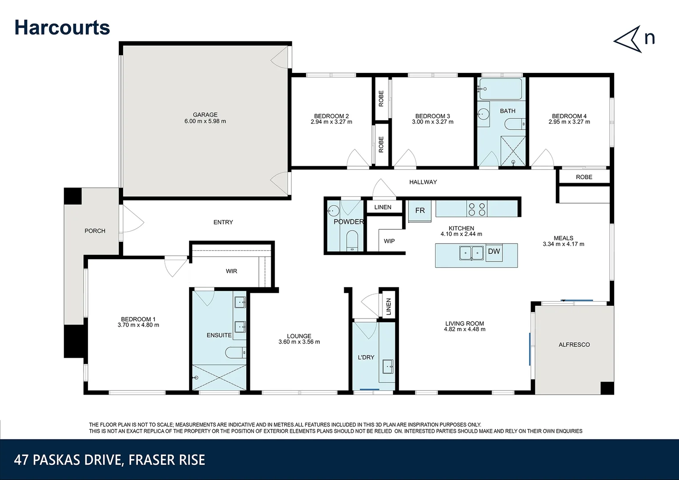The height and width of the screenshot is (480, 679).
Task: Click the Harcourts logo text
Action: (62, 27)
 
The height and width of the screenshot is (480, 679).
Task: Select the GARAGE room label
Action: (205, 115)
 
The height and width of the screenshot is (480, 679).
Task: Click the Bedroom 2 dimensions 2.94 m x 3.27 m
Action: (331, 122)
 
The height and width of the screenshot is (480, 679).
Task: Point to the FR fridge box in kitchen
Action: (420, 211)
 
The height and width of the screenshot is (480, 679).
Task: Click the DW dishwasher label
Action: (494, 252)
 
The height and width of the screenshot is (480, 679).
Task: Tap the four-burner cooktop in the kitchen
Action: (477, 209)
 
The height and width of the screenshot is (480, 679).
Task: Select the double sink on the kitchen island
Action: (471, 253)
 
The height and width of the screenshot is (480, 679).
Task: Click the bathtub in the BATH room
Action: (501, 89)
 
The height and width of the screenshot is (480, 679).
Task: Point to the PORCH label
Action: (95, 231)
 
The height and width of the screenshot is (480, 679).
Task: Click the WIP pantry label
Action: (389, 241)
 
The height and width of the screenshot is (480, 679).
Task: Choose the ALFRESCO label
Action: (574, 344)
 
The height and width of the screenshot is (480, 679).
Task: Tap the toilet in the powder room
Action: (352, 241)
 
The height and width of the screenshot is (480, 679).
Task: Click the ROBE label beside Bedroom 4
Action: (584, 177)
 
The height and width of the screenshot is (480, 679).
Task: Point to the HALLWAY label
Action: (423, 182)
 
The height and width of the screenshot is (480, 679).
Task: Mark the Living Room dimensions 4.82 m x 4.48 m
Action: (465, 330)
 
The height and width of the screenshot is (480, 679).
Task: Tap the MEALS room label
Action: (563, 238)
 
